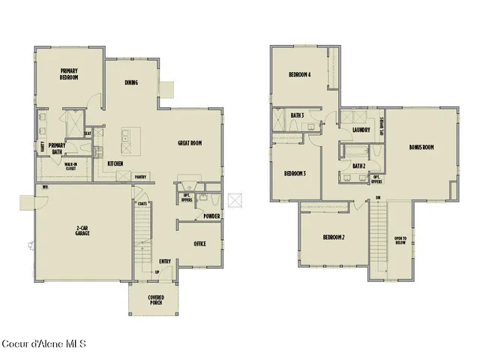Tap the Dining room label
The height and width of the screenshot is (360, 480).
[x=130, y=82]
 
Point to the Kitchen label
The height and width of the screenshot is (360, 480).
[x=115, y=163]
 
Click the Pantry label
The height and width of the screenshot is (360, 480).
[x=140, y=177]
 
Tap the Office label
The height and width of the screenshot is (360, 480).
[x=199, y=244]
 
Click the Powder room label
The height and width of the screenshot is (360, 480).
[x=211, y=217]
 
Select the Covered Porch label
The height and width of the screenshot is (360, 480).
[x=154, y=300]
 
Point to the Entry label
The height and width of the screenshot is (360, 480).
[x=165, y=261]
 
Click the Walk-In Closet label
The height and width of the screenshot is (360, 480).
[x=70, y=166]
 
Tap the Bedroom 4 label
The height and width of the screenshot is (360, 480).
[x=300, y=74]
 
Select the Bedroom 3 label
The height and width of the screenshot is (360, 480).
[x=294, y=173]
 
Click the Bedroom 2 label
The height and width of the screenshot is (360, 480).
[x=333, y=237]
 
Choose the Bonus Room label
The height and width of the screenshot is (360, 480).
[x=421, y=147]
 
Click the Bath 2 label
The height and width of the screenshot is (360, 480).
[x=358, y=165]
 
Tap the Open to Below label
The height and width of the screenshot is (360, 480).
[x=400, y=241]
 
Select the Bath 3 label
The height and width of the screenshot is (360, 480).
[x=297, y=115]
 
